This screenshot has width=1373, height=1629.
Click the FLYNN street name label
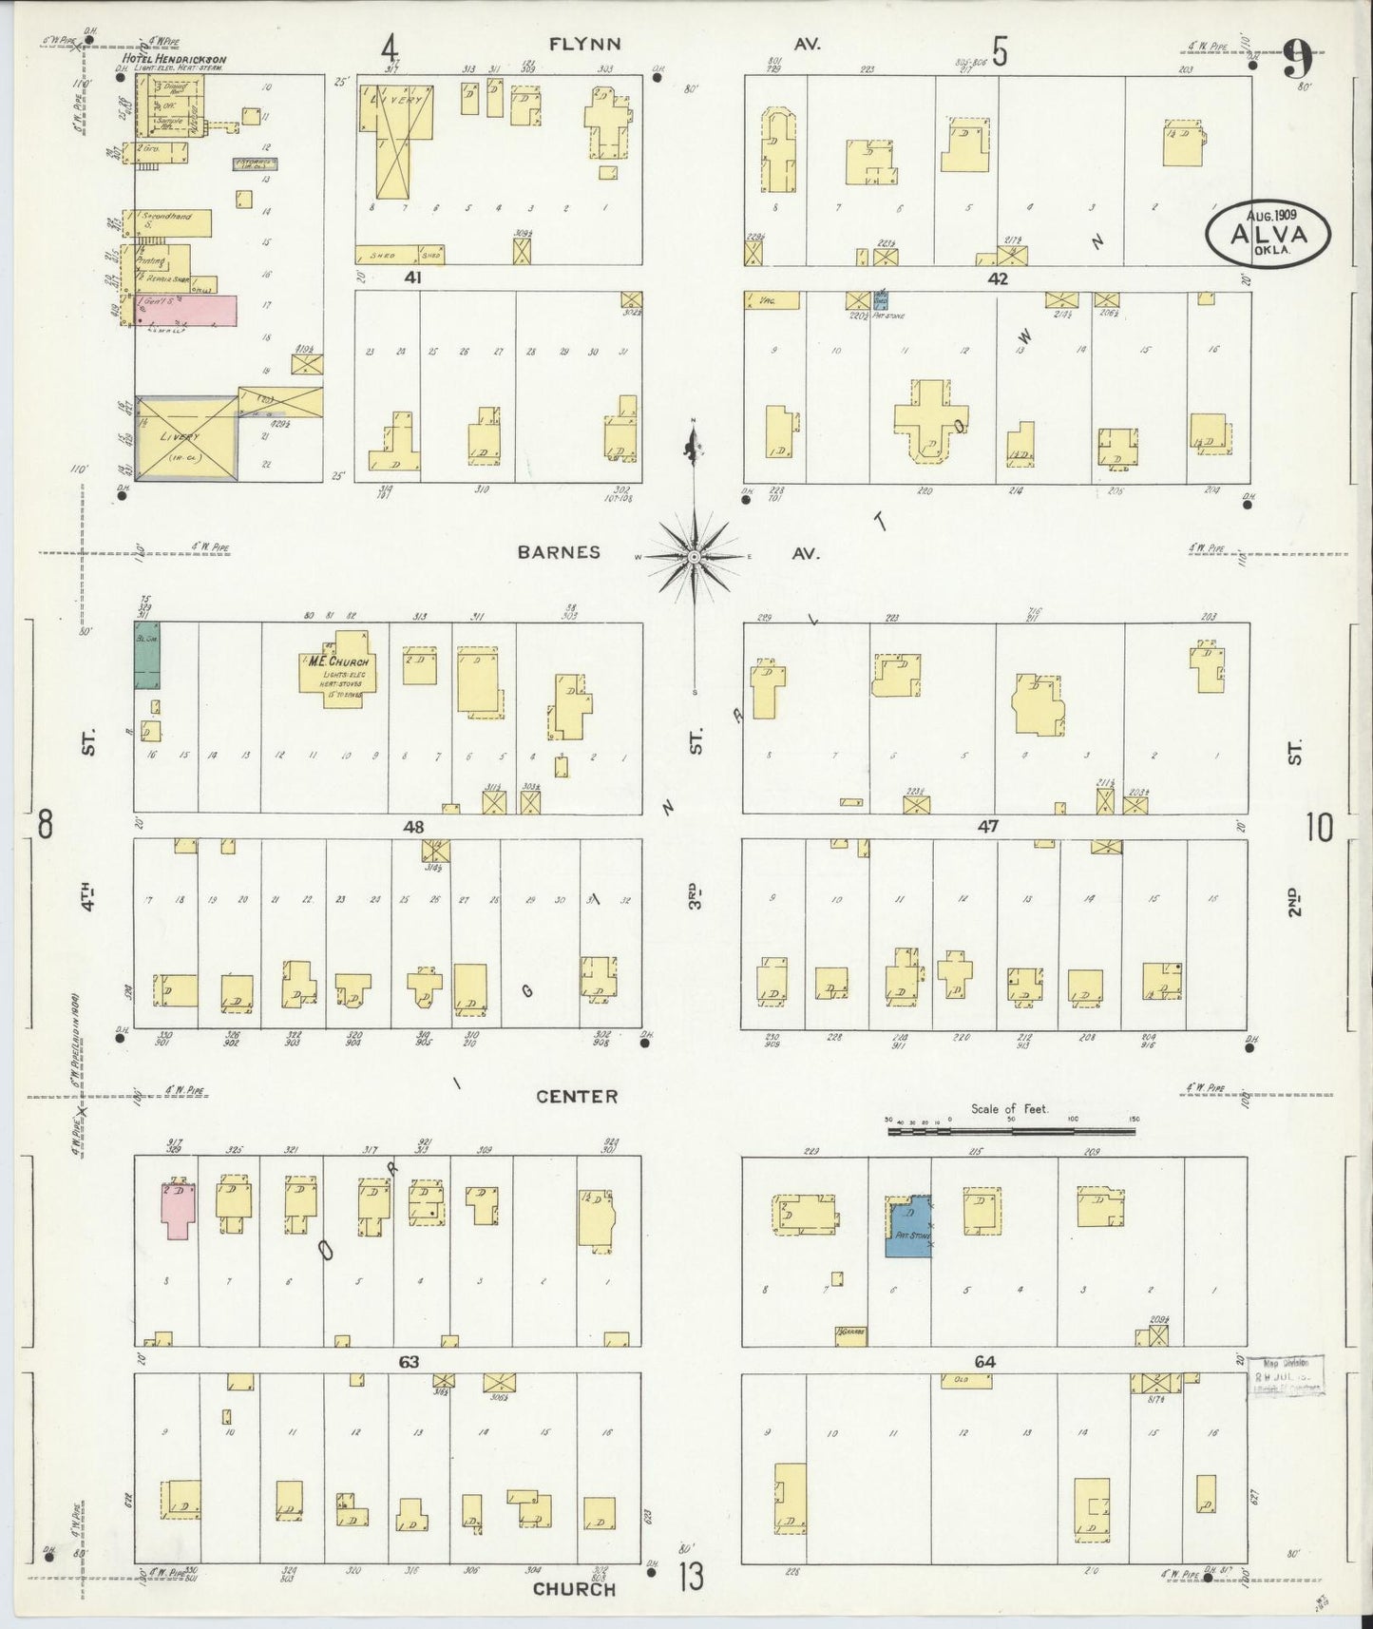pos(584,44)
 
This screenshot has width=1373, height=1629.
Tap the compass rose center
pos(694,555)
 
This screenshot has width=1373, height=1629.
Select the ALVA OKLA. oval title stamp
pos(1268,234)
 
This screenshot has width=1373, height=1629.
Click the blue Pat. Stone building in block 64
pos(907,1227)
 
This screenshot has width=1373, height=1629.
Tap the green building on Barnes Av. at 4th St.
pos(146,655)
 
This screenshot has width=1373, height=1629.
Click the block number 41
pos(412,278)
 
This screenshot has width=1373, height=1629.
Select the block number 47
pos(988,827)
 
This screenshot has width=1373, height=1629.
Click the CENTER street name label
pos(577,1096)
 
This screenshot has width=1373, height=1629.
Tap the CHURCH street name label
pos(574,1588)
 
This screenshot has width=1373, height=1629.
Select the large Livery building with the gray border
pos(185,438)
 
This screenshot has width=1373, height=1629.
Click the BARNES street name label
pos(559,552)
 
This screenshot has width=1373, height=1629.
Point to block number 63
pos(409,1362)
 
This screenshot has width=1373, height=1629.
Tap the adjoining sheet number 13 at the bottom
pos(691,1579)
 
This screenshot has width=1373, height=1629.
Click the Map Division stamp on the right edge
pos(1286,1375)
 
